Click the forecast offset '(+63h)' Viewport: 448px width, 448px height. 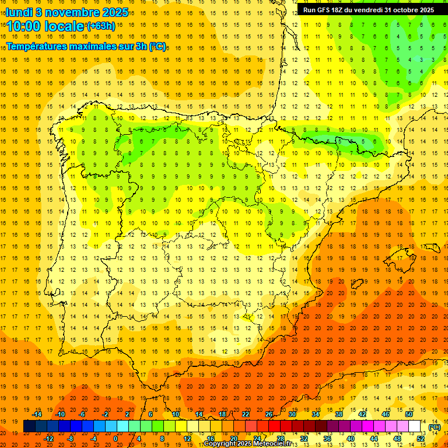point(100,26)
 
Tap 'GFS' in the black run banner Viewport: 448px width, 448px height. point(327,10)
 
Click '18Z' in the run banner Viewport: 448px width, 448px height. point(344,10)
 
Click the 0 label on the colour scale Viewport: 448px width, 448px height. point(116,439)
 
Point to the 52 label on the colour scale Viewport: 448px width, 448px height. point(420,439)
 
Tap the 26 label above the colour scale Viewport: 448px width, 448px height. point(269,414)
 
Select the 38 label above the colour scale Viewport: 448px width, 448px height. point(339,414)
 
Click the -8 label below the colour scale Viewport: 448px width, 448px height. point(71,439)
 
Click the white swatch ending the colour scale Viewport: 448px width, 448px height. point(414,426)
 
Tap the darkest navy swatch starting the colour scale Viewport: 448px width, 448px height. point(30,426)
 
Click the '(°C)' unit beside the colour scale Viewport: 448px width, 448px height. point(434,427)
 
